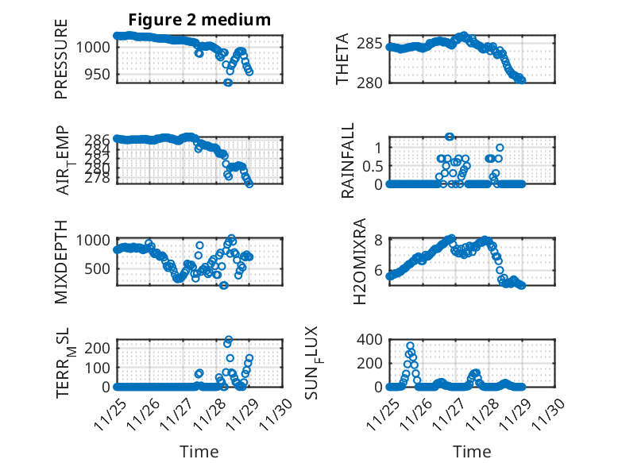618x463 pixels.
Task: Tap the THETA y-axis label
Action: [342, 60]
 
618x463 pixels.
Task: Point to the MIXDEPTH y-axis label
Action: [61, 260]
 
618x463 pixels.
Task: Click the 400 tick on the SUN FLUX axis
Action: [375, 339]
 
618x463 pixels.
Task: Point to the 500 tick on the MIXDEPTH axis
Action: [102, 268]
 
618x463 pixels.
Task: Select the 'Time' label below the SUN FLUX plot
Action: [472, 452]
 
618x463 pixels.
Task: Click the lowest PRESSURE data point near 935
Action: [228, 83]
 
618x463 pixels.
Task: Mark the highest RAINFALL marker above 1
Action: [449, 137]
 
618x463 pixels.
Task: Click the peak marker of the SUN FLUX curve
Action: [410, 345]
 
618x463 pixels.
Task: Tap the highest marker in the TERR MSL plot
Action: [229, 340]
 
